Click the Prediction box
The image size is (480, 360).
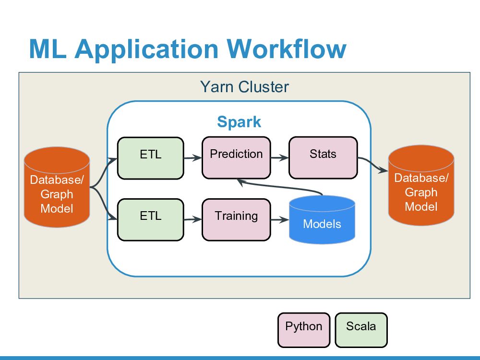(x=236, y=158)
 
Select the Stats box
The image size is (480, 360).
(x=323, y=158)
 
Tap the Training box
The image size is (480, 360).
(x=236, y=219)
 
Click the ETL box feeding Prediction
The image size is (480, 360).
(x=151, y=158)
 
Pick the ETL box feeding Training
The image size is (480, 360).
(x=151, y=219)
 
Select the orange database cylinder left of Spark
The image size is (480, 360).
(x=57, y=188)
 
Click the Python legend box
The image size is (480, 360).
(x=304, y=330)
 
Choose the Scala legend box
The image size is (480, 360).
(x=361, y=330)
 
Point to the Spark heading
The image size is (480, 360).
(x=239, y=121)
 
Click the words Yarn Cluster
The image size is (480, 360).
(x=244, y=87)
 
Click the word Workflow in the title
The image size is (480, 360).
(x=287, y=49)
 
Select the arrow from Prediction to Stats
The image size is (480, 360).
(x=279, y=157)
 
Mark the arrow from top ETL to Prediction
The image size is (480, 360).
(x=192, y=157)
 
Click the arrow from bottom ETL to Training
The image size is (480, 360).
(x=192, y=219)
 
